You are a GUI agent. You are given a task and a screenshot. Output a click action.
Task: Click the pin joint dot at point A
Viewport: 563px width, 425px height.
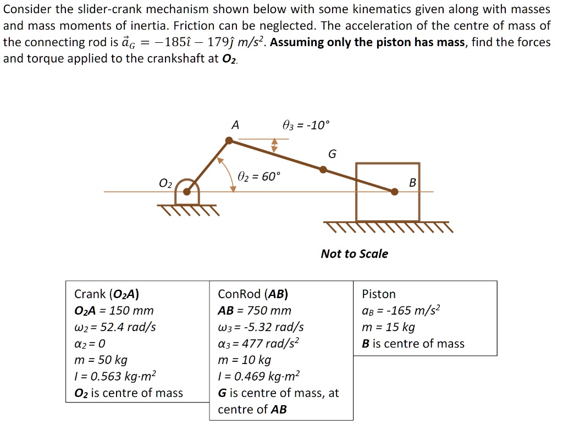(x=230, y=141)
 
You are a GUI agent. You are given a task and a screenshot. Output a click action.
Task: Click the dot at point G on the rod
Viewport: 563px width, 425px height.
(x=323, y=170)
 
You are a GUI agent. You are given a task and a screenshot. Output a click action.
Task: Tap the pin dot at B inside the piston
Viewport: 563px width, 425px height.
(x=394, y=192)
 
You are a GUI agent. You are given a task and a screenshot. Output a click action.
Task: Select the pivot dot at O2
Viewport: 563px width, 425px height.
(x=187, y=192)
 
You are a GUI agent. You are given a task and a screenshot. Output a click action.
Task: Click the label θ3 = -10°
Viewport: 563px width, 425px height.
(x=306, y=126)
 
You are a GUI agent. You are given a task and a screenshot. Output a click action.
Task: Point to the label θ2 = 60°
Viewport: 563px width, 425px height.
(x=258, y=176)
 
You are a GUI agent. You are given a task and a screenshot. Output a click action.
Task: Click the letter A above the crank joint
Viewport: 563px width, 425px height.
(x=235, y=126)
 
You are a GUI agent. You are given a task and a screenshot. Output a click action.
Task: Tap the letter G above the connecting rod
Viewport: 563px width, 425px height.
(x=332, y=154)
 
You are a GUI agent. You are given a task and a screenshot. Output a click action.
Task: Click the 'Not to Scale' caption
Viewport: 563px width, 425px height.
(x=354, y=254)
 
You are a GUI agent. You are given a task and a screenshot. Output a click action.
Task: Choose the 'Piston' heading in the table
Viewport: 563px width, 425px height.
(x=378, y=294)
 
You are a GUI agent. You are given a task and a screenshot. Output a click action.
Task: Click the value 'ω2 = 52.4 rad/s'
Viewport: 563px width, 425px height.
(x=115, y=327)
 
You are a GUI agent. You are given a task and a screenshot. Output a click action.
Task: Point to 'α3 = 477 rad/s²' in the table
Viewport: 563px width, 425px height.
(x=258, y=344)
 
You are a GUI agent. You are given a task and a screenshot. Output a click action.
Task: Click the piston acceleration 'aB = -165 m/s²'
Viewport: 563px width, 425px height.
(x=401, y=311)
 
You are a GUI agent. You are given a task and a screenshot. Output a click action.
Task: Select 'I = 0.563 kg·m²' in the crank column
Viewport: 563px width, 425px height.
(x=115, y=377)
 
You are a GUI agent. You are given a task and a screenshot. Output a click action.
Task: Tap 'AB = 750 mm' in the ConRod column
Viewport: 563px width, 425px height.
(x=255, y=311)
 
